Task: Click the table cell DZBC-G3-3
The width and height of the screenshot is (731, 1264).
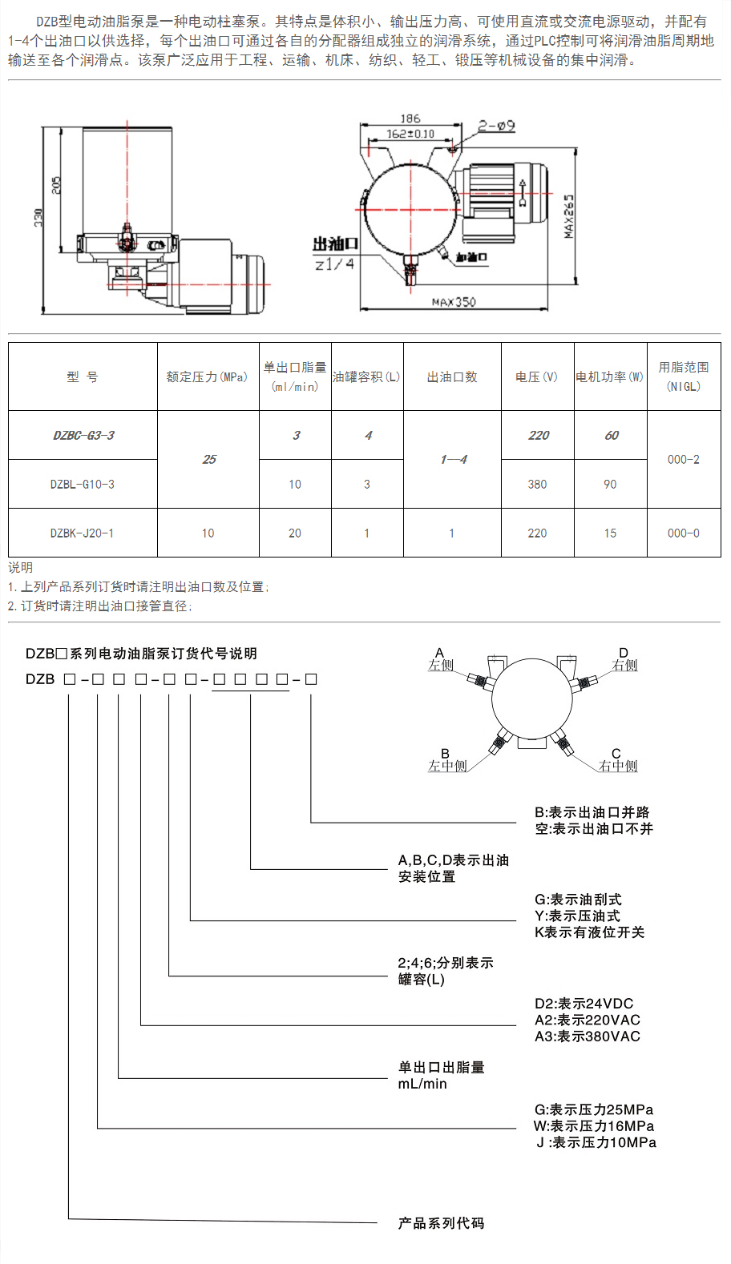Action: (x=83, y=435)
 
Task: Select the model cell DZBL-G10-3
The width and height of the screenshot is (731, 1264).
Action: (x=83, y=484)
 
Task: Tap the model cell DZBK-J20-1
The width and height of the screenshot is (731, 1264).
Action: (x=82, y=533)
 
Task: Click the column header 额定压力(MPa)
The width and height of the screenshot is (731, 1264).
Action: (x=207, y=377)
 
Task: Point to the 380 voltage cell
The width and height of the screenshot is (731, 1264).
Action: (x=537, y=484)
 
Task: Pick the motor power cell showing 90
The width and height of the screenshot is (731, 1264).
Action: (x=610, y=484)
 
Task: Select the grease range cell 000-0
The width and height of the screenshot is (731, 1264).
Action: (x=684, y=533)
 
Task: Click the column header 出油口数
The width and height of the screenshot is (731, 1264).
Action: (x=452, y=377)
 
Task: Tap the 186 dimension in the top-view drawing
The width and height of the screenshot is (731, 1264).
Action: (x=410, y=119)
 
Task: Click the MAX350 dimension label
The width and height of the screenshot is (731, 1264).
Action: (x=454, y=302)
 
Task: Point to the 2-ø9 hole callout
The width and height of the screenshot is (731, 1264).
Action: (x=497, y=125)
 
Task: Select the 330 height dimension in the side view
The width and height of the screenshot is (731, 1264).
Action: (x=38, y=218)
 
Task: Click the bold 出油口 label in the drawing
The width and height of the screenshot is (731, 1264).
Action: (x=336, y=244)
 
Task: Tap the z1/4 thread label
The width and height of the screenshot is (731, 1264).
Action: (x=335, y=264)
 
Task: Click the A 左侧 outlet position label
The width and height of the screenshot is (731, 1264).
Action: (x=440, y=660)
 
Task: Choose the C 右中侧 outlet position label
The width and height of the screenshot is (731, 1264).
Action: (x=617, y=760)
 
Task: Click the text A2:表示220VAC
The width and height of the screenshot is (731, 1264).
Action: (x=588, y=1020)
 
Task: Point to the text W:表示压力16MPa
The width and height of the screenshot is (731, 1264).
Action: (x=594, y=1126)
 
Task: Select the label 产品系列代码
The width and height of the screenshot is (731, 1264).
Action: (x=442, y=1223)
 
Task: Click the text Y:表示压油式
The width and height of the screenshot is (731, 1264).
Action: (x=577, y=916)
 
